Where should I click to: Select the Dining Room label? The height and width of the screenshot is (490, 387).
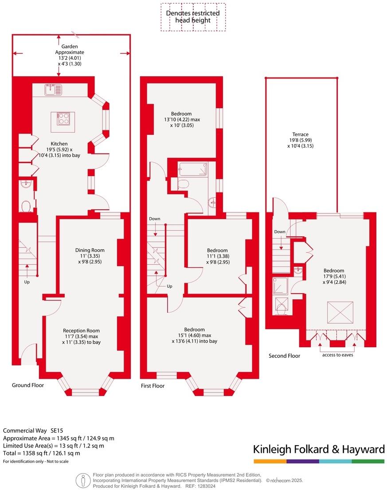coord(90,256)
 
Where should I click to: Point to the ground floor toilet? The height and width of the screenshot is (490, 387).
coord(26,206)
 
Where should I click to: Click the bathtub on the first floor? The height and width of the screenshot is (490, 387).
coord(193,170)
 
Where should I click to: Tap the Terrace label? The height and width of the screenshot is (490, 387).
coord(300,140)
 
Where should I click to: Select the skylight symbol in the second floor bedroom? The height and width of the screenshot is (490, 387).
coord(340,312)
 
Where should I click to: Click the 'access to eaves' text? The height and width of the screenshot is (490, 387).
coord(338,355)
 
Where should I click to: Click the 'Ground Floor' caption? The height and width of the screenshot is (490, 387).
coord(28,385)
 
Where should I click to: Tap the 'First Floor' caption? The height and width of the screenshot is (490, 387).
coord(152,386)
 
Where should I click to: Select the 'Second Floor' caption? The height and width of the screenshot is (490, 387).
coord(284,356)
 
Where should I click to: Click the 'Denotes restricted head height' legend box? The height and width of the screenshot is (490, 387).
coord(193,17)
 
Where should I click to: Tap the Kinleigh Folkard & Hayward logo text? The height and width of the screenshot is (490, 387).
coord(319,449)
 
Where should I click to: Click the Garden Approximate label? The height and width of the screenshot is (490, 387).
coord(70,55)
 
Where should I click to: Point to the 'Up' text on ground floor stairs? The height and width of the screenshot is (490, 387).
coord(27,282)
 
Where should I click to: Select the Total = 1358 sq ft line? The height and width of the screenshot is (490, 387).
coord(42,453)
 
